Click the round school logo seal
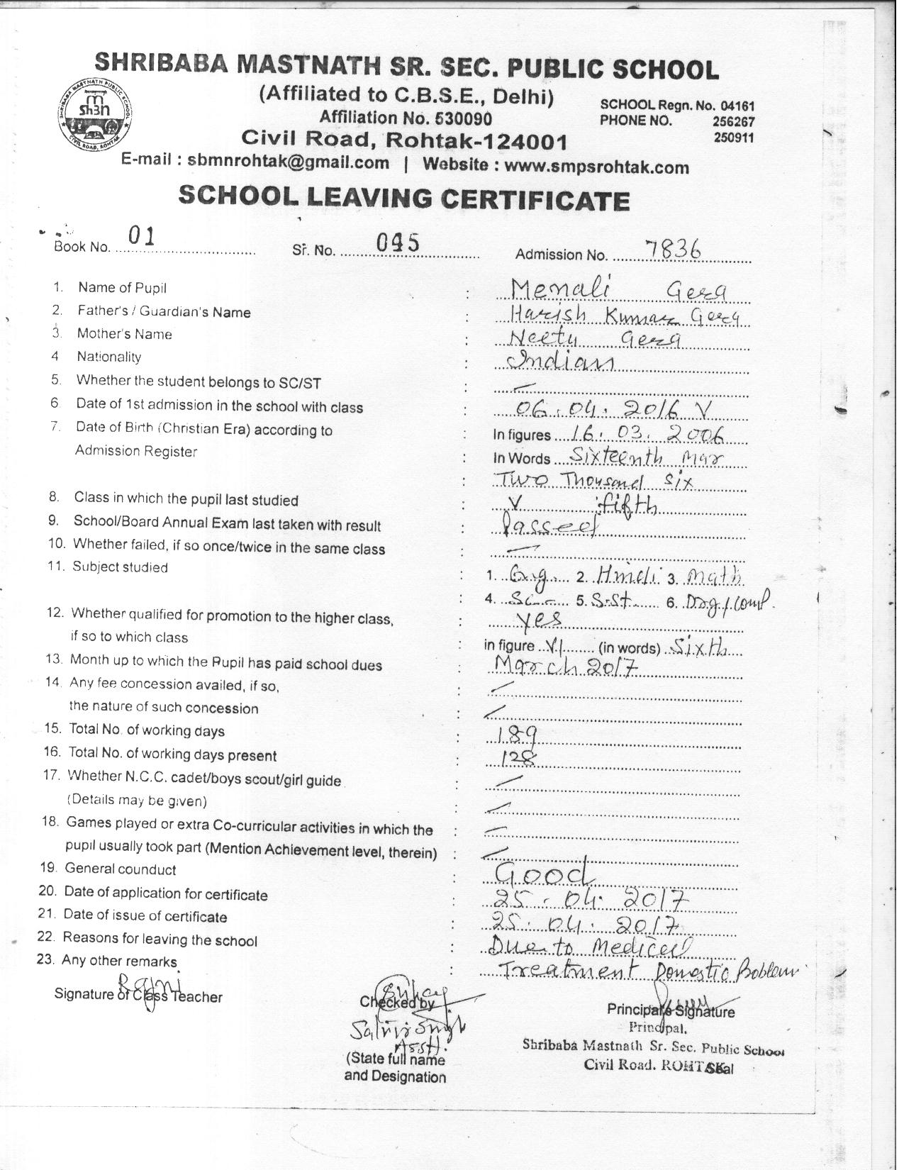(x=95, y=111)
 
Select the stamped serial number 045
(x=398, y=243)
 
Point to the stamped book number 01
(x=142, y=236)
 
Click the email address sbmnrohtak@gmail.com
(x=288, y=162)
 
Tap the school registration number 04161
(x=740, y=105)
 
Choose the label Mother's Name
(x=124, y=334)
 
